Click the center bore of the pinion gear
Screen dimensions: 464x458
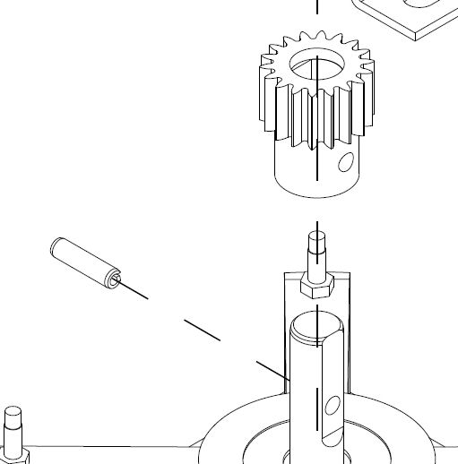pos(315,65)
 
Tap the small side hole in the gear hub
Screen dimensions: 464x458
pos(343,164)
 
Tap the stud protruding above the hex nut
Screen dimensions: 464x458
pos(316,251)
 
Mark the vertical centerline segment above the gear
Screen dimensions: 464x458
pos(316,9)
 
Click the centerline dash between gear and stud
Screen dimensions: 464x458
pos(316,224)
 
